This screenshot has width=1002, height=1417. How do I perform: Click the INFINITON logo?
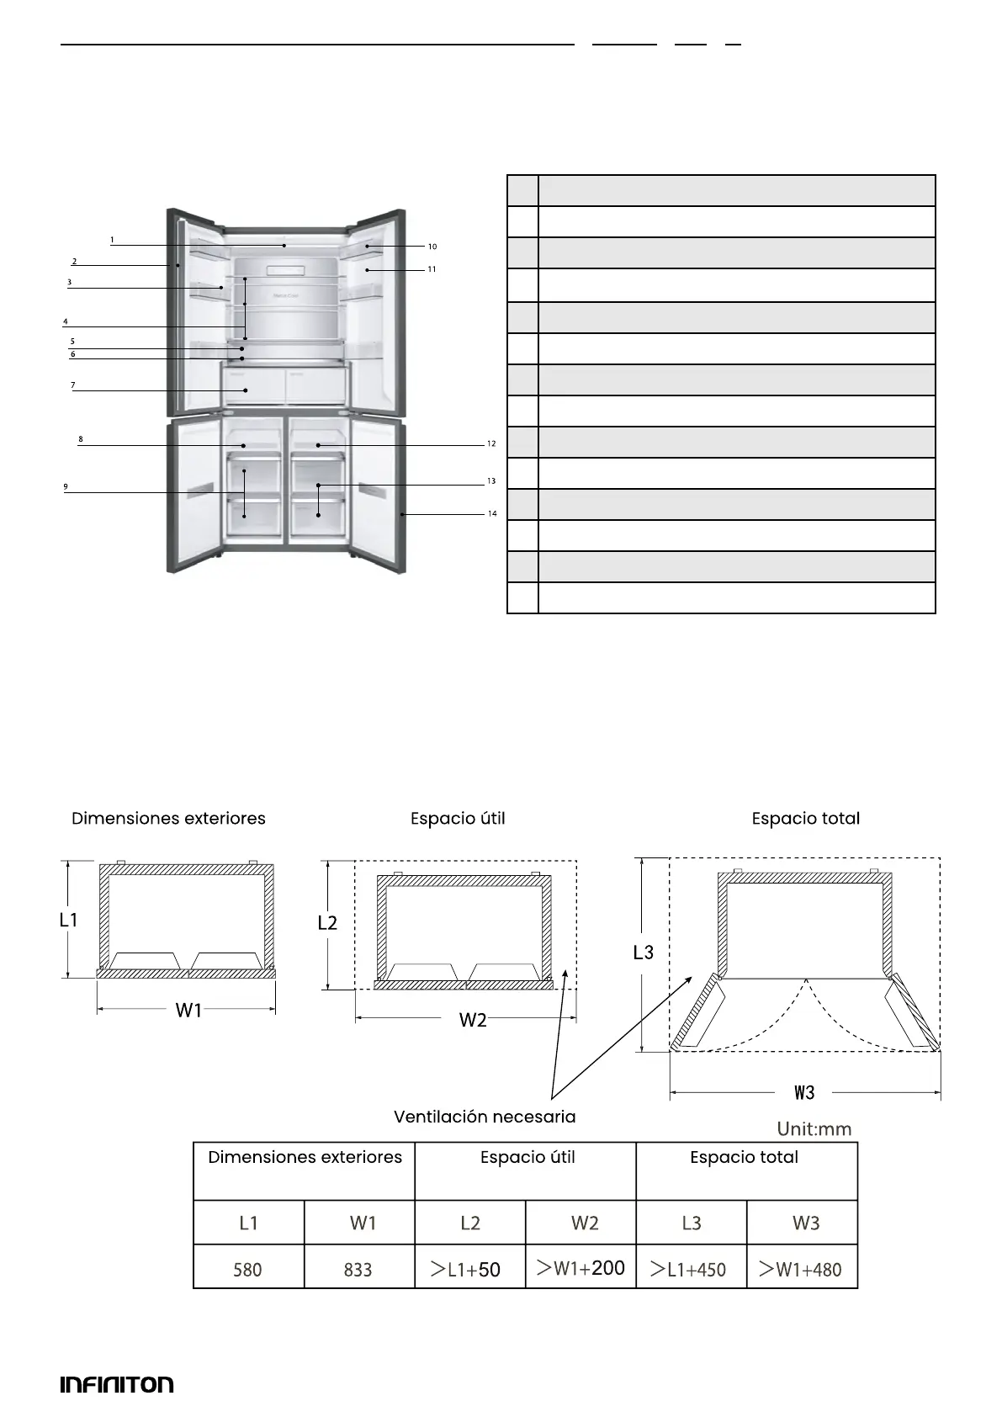pyautogui.click(x=117, y=1384)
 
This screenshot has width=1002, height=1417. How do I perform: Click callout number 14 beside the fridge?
pyautogui.click(x=492, y=513)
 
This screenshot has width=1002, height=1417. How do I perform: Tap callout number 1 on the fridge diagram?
pyautogui.click(x=112, y=240)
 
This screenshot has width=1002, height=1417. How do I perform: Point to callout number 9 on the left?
pyautogui.click(x=66, y=486)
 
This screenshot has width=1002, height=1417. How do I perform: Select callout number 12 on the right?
pyautogui.click(x=491, y=443)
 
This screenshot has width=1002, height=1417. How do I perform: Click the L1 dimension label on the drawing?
pyautogui.click(x=69, y=920)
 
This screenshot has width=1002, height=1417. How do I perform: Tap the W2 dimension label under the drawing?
pyautogui.click(x=473, y=1020)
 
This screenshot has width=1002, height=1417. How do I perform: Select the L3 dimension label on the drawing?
pyautogui.click(x=644, y=952)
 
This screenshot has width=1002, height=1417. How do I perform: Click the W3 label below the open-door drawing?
pyautogui.click(x=805, y=1092)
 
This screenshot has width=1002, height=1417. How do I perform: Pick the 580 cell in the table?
pyautogui.click(x=248, y=1269)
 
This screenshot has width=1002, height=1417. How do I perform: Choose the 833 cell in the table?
pyautogui.click(x=358, y=1269)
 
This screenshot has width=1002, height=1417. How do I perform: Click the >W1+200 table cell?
pyautogui.click(x=581, y=1267)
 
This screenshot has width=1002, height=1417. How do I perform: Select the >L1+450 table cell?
pyautogui.click(x=690, y=1269)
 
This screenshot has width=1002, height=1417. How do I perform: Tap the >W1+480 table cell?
pyautogui.click(x=801, y=1269)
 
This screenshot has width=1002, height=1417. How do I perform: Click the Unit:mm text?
pyautogui.click(x=814, y=1128)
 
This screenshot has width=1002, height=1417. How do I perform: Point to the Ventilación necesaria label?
pyautogui.click(x=485, y=1117)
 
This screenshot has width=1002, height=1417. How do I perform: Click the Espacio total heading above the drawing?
pyautogui.click(x=805, y=818)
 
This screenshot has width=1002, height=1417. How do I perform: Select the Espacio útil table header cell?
pyautogui.click(x=528, y=1157)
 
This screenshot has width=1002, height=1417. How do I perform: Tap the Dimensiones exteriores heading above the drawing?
pyautogui.click(x=168, y=818)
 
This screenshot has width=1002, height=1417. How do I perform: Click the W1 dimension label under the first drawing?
pyautogui.click(x=188, y=1010)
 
